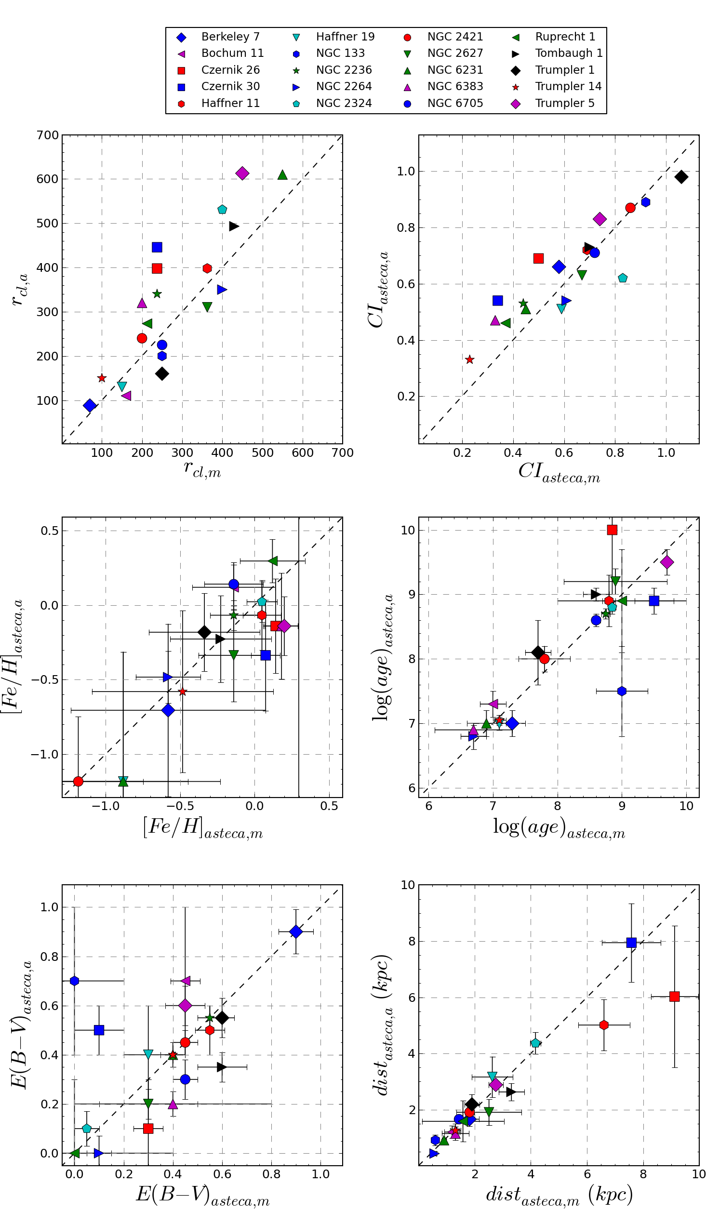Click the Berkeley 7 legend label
point(230,37)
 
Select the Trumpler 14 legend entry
point(568,87)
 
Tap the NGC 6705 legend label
point(455,103)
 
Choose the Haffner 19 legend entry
point(345,37)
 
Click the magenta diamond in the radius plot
point(242,173)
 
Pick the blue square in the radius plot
point(157,247)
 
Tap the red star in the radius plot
point(102,378)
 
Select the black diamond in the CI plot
point(681,177)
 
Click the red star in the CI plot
point(470,360)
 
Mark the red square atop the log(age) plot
point(612,530)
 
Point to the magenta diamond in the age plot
point(667,562)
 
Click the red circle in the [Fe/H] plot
point(78,781)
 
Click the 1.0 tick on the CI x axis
point(666,453)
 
